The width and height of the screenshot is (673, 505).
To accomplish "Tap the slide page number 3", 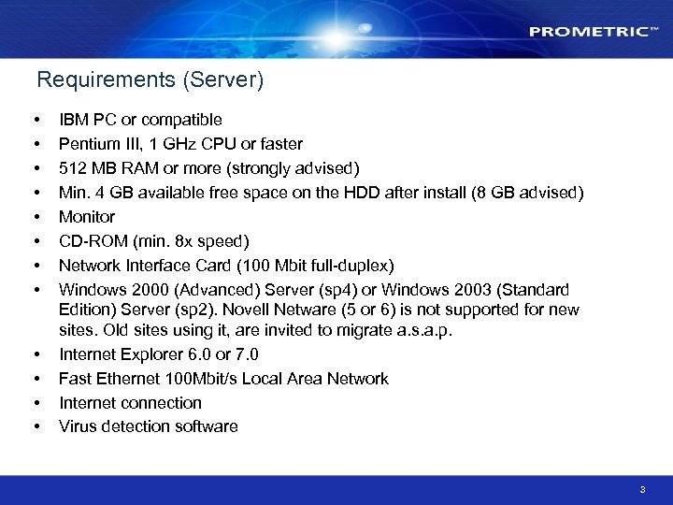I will coord(642,489).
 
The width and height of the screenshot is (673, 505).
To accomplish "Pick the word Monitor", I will coord(87,217).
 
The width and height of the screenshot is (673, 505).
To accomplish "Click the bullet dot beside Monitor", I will coord(36,217).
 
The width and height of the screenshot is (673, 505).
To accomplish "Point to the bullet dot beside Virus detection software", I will coord(36,426).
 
